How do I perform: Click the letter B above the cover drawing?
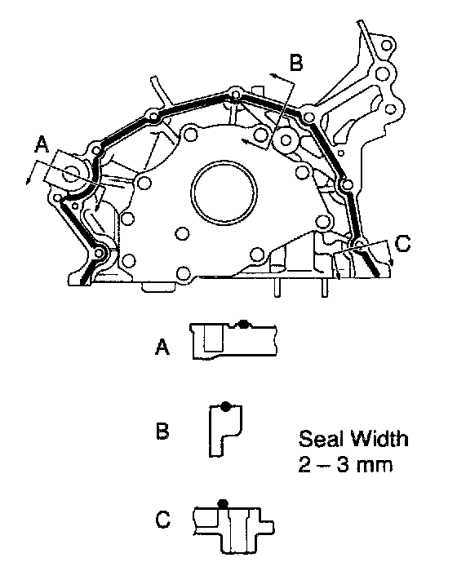[296, 63]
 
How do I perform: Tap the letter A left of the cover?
[42, 144]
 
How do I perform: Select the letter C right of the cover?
[402, 244]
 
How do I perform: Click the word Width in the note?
[380, 439]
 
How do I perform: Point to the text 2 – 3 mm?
[345, 465]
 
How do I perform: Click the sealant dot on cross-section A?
[243, 324]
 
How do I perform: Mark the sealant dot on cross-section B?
[225, 406]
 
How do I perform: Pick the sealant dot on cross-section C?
[223, 504]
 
